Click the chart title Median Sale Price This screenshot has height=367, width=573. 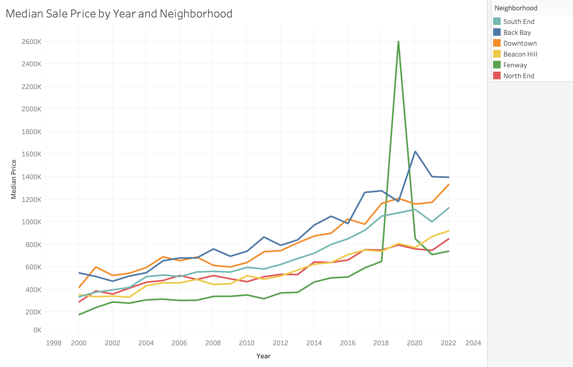[x=119, y=14]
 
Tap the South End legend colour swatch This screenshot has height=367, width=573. [x=497, y=21]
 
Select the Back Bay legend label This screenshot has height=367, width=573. [x=517, y=33]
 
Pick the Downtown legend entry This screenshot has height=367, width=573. [x=520, y=43]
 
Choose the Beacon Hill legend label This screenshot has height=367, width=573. [x=520, y=54]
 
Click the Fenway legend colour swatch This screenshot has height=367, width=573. [x=497, y=65]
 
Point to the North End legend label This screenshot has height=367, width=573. [x=519, y=76]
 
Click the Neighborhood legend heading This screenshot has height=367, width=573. [x=516, y=8]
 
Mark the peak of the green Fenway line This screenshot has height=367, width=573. [x=398, y=42]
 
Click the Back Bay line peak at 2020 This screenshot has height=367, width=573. [x=415, y=151]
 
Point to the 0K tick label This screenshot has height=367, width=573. [x=37, y=330]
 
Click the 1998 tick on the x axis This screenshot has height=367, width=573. [x=54, y=343]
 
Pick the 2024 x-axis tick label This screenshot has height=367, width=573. [x=473, y=343]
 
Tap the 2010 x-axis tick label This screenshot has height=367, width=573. [x=247, y=343]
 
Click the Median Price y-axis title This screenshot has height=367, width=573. [x=14, y=179]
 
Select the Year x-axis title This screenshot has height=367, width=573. [x=263, y=356]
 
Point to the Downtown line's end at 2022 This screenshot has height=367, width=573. [x=449, y=185]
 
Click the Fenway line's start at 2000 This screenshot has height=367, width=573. [x=79, y=314]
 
